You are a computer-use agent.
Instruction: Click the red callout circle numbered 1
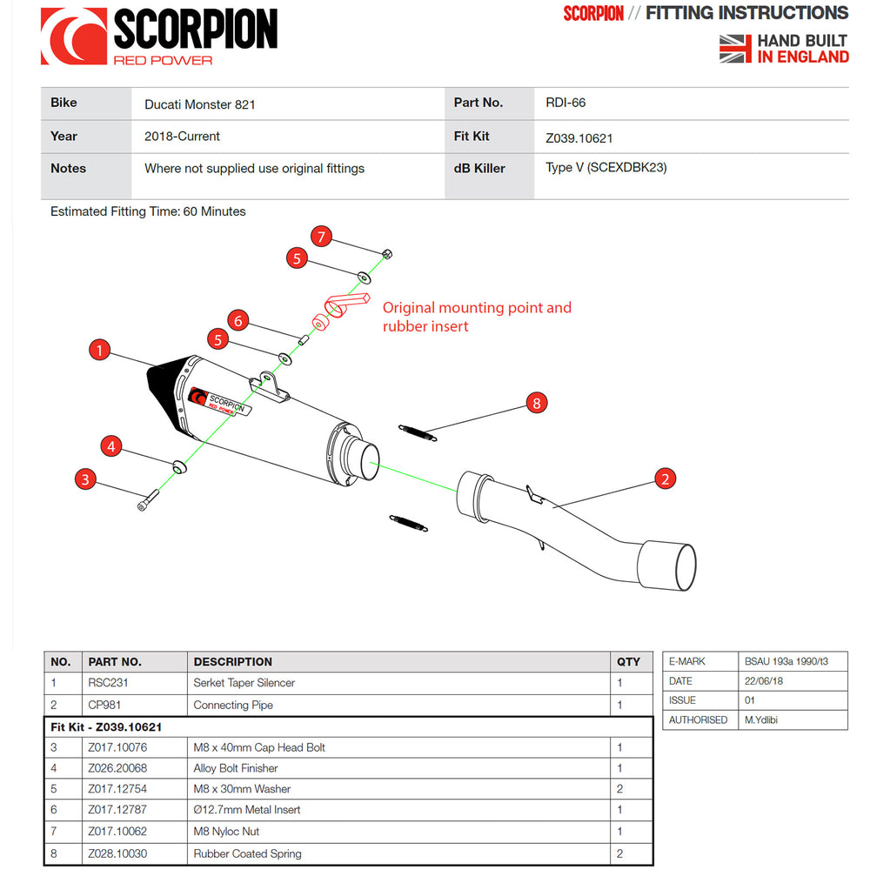[100, 351]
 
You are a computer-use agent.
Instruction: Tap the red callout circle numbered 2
[665, 478]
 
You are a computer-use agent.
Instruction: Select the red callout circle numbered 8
[536, 403]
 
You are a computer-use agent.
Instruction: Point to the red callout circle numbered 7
[321, 236]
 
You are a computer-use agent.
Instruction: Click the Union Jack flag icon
[735, 49]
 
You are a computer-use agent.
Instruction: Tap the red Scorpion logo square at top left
[74, 37]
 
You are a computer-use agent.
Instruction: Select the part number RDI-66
[565, 103]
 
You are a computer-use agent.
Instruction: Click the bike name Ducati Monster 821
[199, 104]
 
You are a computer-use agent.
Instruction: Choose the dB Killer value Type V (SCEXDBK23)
[606, 168]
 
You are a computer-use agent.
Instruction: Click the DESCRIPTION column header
[232, 662]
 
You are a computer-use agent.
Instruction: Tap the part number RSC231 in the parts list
[108, 683]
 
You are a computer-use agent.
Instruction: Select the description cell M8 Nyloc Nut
[226, 832]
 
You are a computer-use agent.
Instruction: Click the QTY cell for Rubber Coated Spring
[619, 853]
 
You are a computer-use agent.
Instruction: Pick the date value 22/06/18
[764, 681]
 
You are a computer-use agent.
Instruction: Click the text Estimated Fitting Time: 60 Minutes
[148, 211]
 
